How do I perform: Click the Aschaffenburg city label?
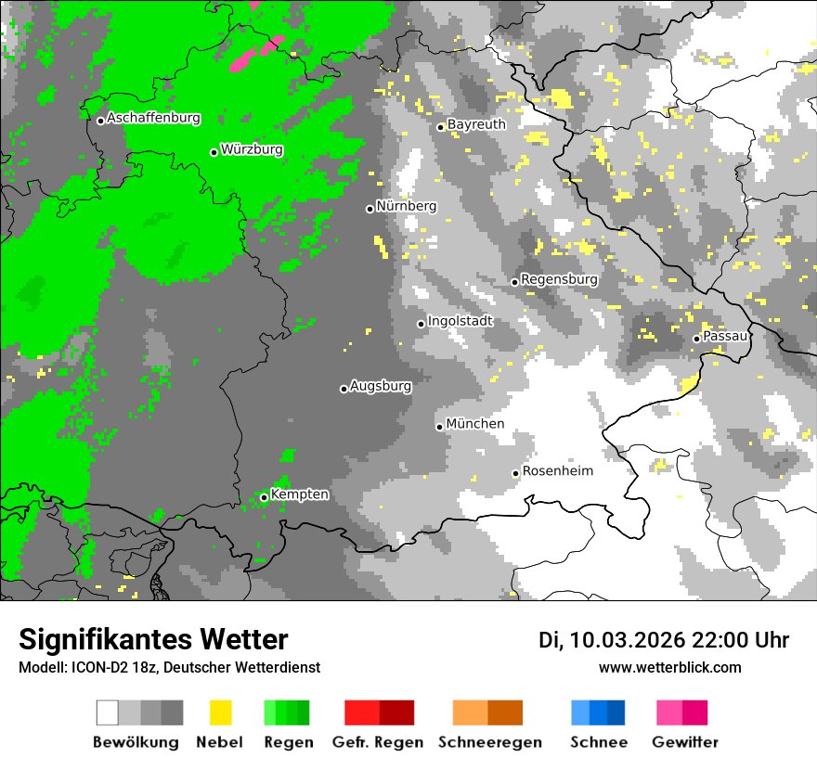click(x=153, y=119)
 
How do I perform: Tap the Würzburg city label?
click(x=252, y=149)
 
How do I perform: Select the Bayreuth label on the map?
click(x=476, y=124)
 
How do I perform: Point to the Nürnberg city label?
click(x=406, y=206)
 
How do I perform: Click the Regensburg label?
click(x=559, y=279)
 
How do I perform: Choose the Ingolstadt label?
click(x=460, y=321)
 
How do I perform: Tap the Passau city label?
click(x=725, y=336)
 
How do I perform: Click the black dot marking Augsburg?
click(x=344, y=389)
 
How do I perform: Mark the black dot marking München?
click(x=440, y=427)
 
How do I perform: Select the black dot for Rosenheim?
click(x=516, y=474)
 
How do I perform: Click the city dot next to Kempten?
click(x=265, y=497)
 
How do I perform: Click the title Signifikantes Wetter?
click(x=153, y=640)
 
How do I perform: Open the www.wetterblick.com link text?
click(x=669, y=668)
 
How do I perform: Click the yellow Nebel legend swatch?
click(x=220, y=712)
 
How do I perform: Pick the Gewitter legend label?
click(x=684, y=742)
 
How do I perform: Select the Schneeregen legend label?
click(x=490, y=742)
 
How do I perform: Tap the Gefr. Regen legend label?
click(x=378, y=742)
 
